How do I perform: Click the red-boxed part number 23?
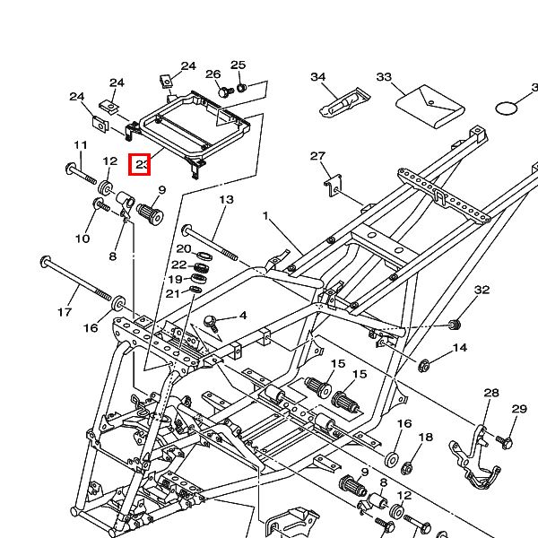point(141,165)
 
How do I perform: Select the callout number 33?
point(384,78)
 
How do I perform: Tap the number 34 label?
point(317,77)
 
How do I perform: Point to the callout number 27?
point(317,157)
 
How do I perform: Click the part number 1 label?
point(265,216)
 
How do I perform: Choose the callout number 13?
point(226,199)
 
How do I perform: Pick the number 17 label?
point(64,312)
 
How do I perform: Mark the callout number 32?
point(482,290)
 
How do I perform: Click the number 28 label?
point(490,393)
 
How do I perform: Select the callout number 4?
point(242,315)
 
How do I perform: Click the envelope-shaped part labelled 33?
point(430,106)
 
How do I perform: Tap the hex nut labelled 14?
point(425,365)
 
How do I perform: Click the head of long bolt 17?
point(45,263)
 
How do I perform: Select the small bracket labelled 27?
point(334,184)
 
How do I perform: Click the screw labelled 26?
point(224,91)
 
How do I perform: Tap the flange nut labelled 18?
point(406,466)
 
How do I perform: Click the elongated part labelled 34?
point(343,101)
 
